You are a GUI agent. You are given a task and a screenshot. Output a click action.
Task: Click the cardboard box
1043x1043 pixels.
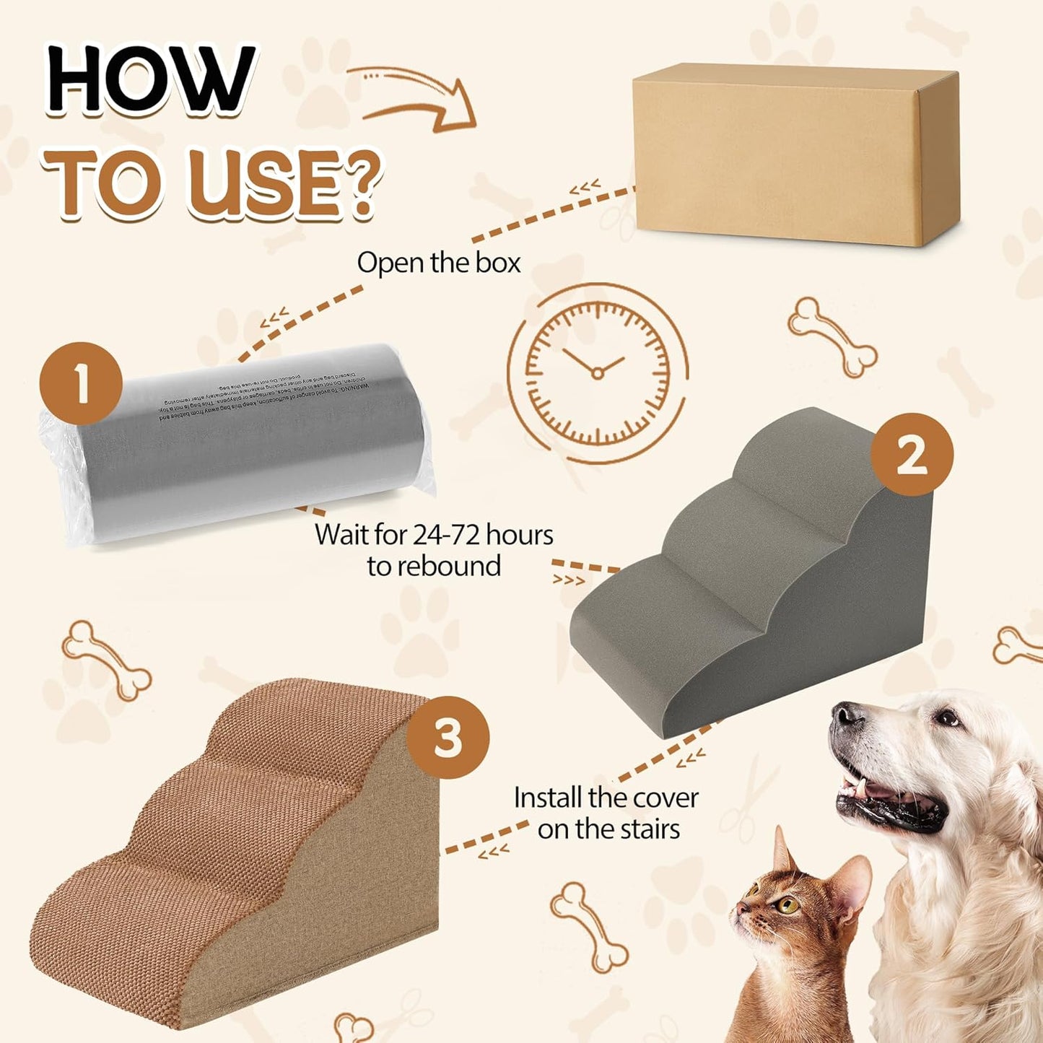point(794,155)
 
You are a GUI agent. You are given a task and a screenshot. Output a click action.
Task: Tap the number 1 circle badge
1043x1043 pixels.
point(81,383)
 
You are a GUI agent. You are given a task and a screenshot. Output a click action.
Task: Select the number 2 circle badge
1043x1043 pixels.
point(912,455)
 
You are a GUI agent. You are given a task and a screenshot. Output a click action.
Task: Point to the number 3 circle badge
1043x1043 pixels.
point(448,737)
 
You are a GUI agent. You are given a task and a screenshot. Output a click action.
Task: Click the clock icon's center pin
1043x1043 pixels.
point(598,372)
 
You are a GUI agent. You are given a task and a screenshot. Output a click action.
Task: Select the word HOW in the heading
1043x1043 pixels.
point(152,79)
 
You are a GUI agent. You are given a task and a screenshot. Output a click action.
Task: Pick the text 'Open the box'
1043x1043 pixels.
point(438,263)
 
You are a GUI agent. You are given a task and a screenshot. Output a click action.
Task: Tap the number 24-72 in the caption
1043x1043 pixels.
point(447,535)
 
